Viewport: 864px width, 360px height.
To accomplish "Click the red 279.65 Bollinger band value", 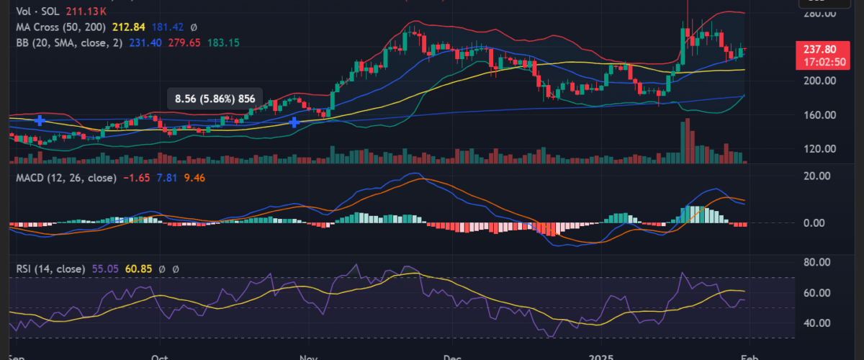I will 184,43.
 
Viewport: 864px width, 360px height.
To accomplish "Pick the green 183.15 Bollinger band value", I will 223,43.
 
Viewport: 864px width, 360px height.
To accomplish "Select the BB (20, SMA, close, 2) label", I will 70,43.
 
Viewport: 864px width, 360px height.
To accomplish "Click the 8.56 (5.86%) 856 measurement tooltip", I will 215,99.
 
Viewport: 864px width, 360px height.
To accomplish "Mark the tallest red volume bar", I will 688,140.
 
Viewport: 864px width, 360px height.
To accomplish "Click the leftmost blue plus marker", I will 40,120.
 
